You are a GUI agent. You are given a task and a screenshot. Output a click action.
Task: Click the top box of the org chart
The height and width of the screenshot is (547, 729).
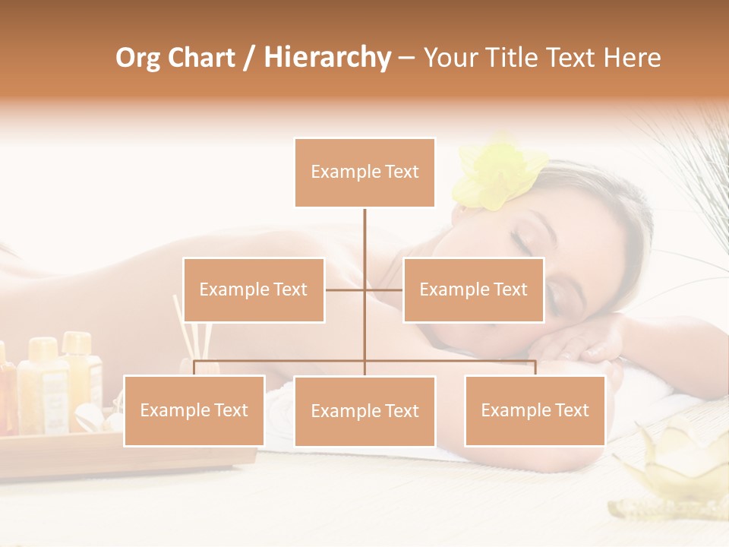coord(364,172)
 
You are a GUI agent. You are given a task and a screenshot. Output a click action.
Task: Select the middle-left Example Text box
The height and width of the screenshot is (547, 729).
coord(254,289)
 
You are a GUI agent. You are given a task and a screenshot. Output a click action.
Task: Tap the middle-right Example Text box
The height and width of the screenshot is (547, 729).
coord(473,289)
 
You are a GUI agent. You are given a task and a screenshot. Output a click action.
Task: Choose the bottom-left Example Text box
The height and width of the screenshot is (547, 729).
coord(194,410)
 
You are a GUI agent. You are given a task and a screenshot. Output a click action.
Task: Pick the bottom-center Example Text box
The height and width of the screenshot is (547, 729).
coord(364,411)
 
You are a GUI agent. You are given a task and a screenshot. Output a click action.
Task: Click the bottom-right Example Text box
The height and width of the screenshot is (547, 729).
coord(535,410)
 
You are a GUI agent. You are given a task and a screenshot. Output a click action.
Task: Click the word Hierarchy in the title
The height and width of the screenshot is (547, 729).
coord(327,58)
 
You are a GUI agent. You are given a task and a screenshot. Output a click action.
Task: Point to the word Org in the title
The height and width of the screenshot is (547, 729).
coord(137,58)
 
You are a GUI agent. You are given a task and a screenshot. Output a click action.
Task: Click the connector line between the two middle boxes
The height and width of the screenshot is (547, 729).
coord(364,289)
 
